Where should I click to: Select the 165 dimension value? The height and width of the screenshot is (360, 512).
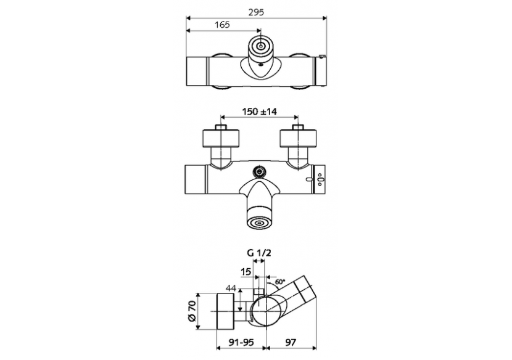click(223, 25)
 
